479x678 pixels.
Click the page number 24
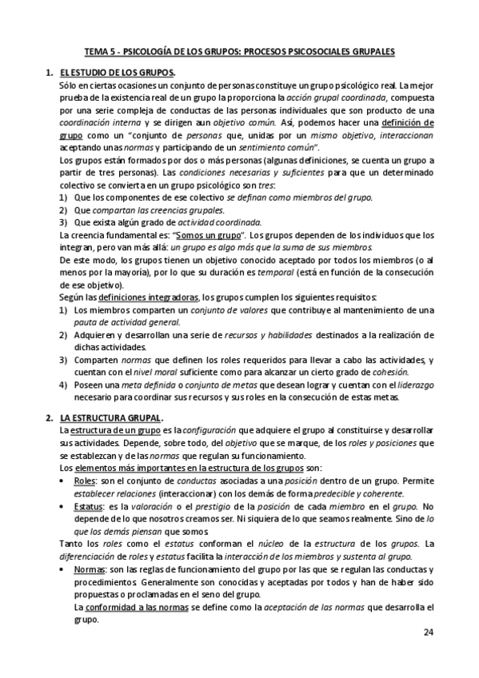click(x=428, y=633)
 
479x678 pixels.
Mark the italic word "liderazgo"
click(x=410, y=385)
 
